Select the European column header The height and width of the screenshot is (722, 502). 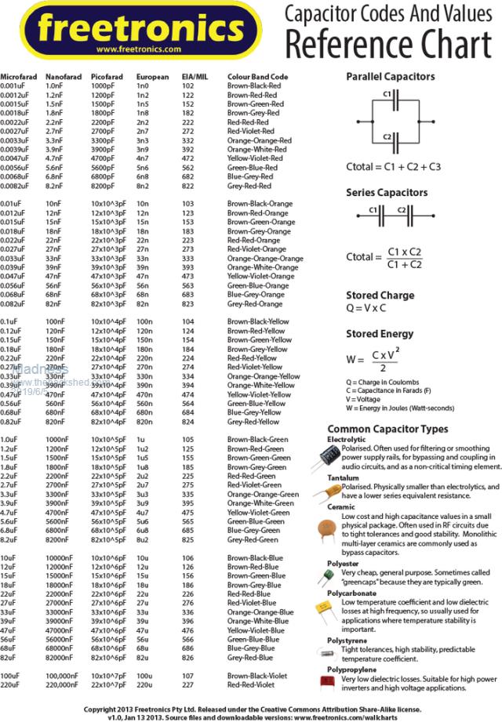click(x=152, y=77)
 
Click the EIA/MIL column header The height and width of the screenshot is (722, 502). click(x=195, y=77)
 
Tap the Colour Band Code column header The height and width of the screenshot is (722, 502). click(x=258, y=77)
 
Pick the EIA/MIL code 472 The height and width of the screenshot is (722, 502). click(x=188, y=158)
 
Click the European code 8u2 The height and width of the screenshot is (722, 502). click(x=143, y=539)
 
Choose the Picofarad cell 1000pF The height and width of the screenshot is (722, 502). click(x=103, y=85)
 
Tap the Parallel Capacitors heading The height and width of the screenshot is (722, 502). click(x=390, y=78)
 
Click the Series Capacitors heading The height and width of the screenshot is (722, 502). click(x=387, y=192)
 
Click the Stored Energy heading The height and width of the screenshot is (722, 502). click(x=380, y=334)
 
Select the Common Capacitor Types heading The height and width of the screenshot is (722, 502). click(x=398, y=429)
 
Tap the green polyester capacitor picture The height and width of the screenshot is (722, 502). click(x=322, y=577)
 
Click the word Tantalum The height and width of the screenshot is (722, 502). click(x=344, y=477)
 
